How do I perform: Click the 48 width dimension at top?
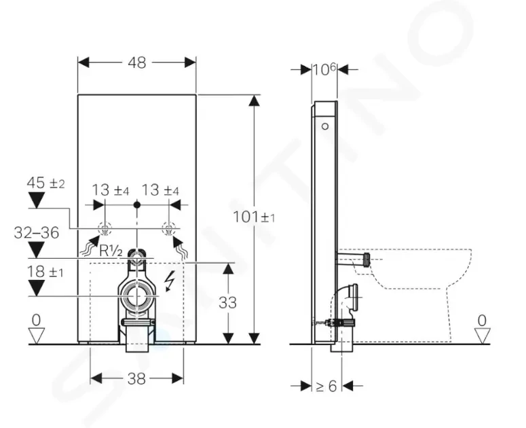point(137,63)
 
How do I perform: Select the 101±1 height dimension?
point(254,217)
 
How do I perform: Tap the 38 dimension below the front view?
point(136,379)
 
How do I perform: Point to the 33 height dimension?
point(228,302)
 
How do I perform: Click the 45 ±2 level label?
point(45,183)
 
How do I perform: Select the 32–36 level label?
point(37,232)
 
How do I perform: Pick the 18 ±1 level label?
point(45,272)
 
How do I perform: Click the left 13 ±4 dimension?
point(111,190)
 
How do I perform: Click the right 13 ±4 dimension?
point(160,190)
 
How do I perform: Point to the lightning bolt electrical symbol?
point(170,281)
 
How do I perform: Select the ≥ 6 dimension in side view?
point(326,386)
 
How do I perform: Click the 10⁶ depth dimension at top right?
point(324,69)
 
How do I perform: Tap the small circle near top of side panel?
point(325,126)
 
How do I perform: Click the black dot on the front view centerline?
point(136,204)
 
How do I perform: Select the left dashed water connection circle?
point(105,229)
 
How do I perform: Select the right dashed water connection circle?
point(168,229)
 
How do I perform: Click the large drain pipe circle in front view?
point(136,296)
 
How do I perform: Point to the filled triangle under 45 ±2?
point(37,200)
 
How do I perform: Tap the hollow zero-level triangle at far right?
point(483,336)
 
